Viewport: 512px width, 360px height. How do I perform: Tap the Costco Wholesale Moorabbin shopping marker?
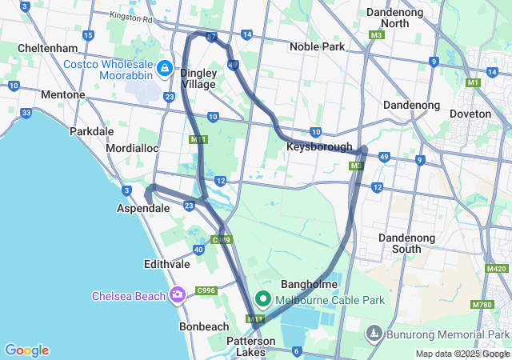click(165, 69)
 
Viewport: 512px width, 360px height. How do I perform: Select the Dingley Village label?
click(198, 78)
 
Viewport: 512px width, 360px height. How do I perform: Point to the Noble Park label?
click(317, 47)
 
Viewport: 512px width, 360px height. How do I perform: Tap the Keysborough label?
click(319, 146)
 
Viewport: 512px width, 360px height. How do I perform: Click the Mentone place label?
click(62, 94)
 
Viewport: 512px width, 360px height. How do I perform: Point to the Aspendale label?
click(144, 208)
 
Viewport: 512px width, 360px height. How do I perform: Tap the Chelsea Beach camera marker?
click(178, 295)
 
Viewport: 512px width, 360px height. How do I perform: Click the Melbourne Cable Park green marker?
click(262, 300)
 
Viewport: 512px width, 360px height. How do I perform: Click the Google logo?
click(26, 350)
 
